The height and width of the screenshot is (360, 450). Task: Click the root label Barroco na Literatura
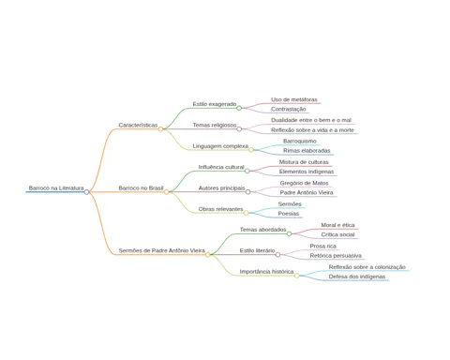(x=56, y=188)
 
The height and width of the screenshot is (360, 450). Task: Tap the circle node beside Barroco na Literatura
(x=86, y=192)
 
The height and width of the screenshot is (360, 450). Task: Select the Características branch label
(x=138, y=125)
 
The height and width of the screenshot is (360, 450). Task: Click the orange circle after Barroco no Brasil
(x=167, y=192)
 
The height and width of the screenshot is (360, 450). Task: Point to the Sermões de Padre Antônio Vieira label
(x=162, y=250)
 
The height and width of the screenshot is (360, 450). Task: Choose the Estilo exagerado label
(x=215, y=104)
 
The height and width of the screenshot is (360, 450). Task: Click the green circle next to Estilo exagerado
(x=239, y=108)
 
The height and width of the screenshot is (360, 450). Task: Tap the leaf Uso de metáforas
(x=294, y=99)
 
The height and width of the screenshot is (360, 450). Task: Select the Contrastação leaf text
(x=289, y=110)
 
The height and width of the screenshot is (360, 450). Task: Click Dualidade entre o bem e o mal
(x=311, y=120)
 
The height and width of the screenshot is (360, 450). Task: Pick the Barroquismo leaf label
(x=300, y=142)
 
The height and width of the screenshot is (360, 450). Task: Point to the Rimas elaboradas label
(x=307, y=151)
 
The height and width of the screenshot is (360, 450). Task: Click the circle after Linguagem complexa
(x=251, y=150)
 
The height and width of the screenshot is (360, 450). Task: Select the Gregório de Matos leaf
(x=304, y=183)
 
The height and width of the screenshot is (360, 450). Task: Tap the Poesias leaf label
(x=289, y=214)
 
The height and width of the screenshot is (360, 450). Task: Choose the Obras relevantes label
(x=220, y=209)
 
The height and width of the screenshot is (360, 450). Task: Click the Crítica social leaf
(x=337, y=234)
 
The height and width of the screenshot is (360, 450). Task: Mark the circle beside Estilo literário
(x=277, y=255)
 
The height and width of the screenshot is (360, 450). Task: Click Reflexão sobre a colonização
(x=367, y=267)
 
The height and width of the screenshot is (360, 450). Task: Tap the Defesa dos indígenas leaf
(x=357, y=277)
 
